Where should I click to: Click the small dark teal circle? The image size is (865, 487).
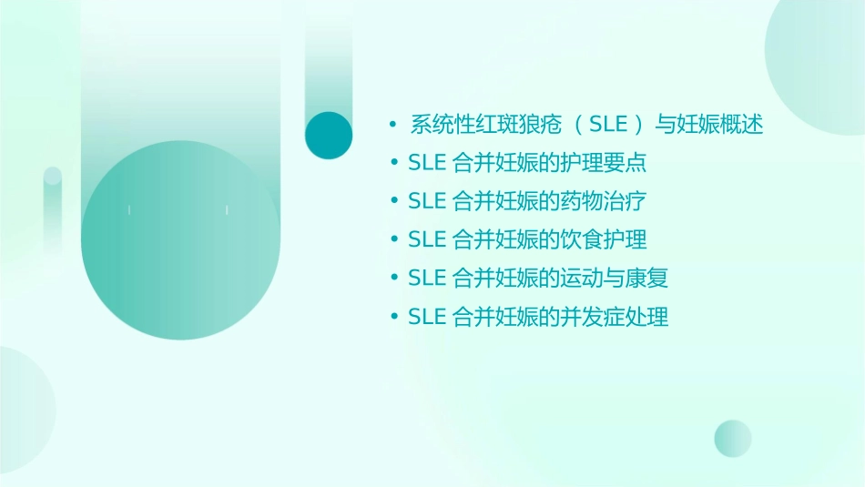point(329,135)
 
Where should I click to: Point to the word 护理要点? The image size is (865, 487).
point(612,164)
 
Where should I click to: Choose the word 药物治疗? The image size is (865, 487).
point(612,201)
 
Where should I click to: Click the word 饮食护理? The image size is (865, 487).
point(612,239)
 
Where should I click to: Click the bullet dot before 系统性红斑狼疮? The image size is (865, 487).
point(392,125)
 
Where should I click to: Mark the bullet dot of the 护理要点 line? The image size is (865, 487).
point(394,164)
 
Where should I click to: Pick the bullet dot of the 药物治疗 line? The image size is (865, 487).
point(394,201)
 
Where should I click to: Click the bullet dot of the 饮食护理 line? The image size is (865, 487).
point(394,239)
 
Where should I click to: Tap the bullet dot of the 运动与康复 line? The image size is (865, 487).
point(394,278)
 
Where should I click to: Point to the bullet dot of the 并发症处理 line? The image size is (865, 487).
point(394,317)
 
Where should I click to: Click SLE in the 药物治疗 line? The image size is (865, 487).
point(427,201)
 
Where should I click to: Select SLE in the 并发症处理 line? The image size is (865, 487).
point(427,317)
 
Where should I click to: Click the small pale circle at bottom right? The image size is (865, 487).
point(733,438)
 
